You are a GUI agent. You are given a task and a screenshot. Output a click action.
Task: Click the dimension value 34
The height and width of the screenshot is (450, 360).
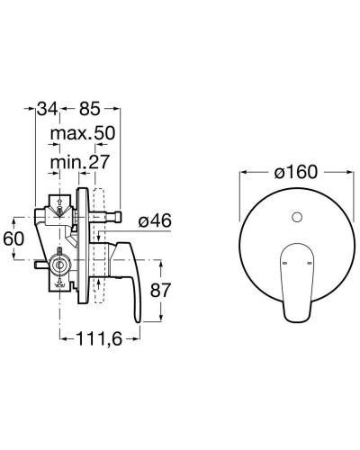(47, 109)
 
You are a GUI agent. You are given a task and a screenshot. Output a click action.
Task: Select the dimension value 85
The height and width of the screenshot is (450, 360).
(89, 109)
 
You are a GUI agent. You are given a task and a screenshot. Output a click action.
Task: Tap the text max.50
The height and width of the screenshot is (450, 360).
(83, 133)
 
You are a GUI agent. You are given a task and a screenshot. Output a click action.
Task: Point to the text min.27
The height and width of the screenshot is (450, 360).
(80, 162)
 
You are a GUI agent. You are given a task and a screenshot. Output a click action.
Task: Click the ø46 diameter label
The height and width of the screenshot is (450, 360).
(155, 221)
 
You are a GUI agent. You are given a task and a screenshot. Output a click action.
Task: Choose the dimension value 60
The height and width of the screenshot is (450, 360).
(13, 239)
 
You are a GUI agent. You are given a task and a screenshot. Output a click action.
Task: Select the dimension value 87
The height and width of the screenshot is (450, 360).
(160, 290)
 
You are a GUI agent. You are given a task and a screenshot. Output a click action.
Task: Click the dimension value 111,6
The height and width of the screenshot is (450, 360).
(100, 339)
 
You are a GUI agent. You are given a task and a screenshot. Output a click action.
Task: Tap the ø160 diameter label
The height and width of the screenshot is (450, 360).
(296, 172)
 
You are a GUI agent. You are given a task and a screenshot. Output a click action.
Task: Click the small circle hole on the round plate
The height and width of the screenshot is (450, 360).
(297, 217)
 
